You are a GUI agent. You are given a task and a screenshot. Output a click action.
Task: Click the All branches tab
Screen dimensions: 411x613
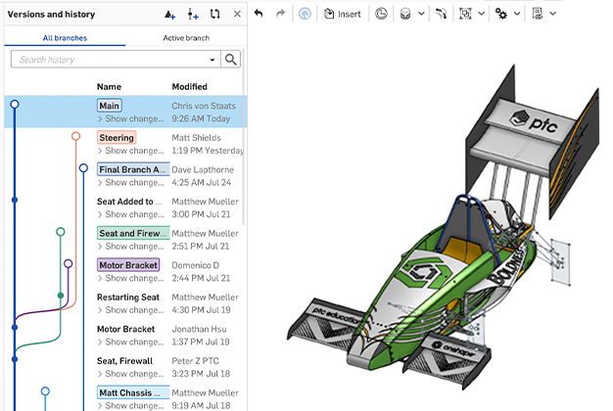pos(64,38)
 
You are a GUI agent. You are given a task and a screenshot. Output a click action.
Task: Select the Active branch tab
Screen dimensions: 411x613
pos(186,38)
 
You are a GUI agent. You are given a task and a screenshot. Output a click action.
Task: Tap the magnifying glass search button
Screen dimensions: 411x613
pos(231,60)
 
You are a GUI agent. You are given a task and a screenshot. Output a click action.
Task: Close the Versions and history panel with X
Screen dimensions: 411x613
pos(237,15)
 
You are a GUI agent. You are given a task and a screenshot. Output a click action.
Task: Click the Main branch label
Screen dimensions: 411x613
pos(110,106)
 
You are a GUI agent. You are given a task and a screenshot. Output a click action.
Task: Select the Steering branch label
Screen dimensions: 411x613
pos(117,138)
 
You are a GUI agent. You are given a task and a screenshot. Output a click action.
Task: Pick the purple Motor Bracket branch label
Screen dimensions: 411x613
pos(128,265)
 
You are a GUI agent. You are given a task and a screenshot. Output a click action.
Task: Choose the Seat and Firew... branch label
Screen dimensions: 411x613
pos(133,233)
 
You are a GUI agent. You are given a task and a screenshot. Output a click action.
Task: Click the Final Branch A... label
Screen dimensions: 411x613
pos(133,169)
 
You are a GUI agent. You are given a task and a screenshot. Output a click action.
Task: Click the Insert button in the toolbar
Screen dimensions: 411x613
pos(343,15)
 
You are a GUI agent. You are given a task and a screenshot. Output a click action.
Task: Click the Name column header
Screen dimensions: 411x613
pos(109,87)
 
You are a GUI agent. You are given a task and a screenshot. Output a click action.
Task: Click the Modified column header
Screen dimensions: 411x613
pos(189,87)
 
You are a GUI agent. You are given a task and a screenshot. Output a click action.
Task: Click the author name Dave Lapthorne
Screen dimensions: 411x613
pos(204,169)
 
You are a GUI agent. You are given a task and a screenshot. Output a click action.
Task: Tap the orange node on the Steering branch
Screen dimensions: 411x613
pos(75,137)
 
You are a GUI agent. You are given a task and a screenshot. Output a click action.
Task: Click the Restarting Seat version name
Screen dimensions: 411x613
pos(128,297)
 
